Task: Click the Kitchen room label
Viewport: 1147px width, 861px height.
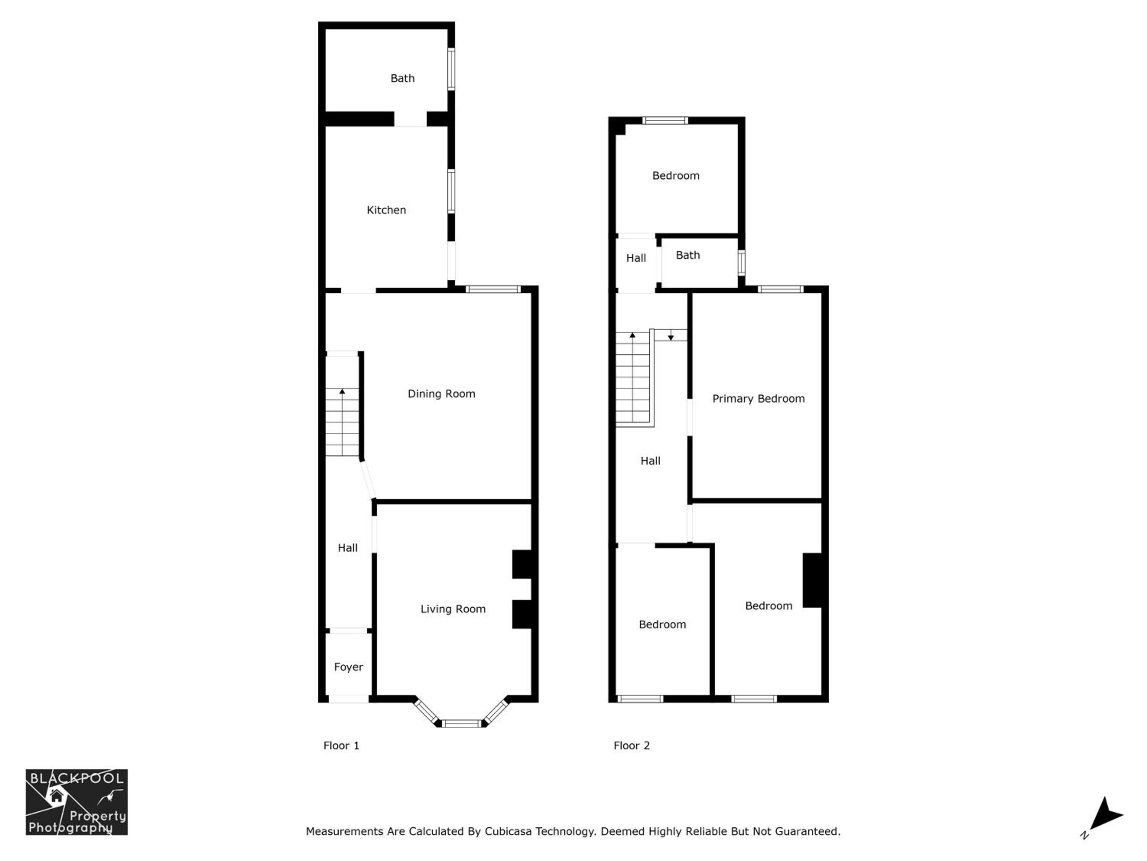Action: click(386, 210)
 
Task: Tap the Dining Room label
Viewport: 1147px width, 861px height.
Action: click(441, 394)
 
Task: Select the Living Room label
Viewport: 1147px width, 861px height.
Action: click(453, 609)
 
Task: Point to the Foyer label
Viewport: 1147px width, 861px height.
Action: click(348, 667)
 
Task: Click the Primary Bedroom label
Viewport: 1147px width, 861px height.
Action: click(759, 399)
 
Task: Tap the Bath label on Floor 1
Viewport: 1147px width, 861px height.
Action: click(402, 78)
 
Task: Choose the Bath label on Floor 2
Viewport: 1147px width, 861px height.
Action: click(687, 255)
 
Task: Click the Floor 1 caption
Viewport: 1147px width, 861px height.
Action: click(341, 746)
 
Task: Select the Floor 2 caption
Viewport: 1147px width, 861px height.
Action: click(632, 746)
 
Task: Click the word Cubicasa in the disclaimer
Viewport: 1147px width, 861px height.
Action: click(508, 832)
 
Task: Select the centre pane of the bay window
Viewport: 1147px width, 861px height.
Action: click(461, 724)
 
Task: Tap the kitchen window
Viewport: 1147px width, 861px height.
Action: click(451, 191)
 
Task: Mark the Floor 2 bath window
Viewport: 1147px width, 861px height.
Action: click(741, 263)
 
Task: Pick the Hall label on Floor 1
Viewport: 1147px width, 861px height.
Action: click(348, 548)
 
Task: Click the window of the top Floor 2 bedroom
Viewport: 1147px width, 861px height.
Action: click(665, 121)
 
